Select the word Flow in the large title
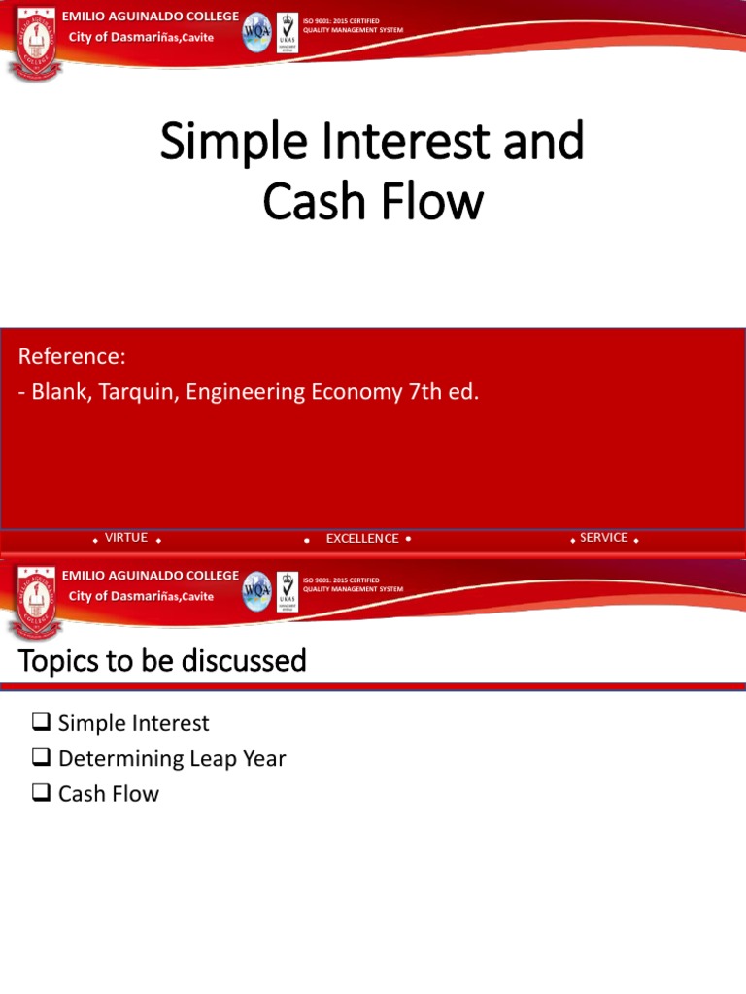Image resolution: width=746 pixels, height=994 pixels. (x=435, y=202)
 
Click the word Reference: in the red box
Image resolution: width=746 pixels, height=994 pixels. (x=72, y=357)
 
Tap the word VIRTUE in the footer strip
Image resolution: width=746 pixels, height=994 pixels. (x=126, y=538)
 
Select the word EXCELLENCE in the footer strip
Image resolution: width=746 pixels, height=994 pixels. (x=362, y=539)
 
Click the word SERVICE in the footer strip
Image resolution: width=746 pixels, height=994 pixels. (x=603, y=538)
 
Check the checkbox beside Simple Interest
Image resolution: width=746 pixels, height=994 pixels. (x=41, y=722)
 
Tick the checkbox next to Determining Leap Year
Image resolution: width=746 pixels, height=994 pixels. (x=41, y=757)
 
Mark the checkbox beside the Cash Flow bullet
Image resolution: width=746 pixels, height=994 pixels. (x=41, y=792)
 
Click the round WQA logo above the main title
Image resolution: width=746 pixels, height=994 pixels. (x=257, y=31)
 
